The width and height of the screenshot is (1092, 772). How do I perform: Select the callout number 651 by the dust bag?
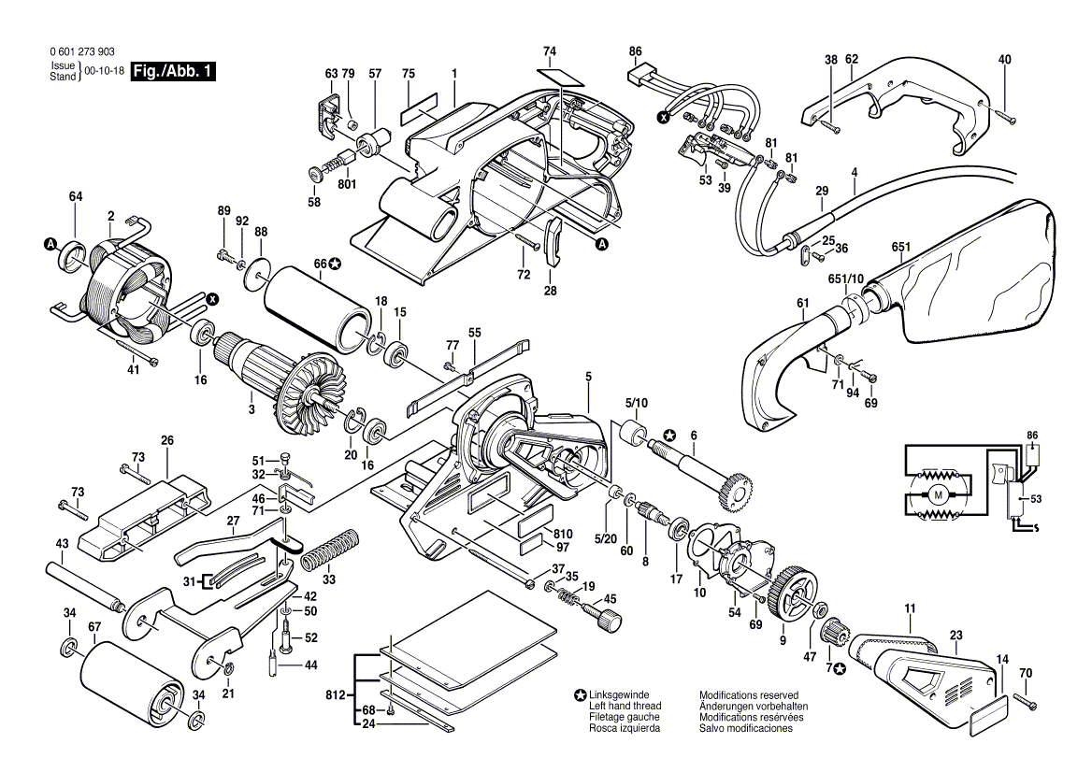coord(900,247)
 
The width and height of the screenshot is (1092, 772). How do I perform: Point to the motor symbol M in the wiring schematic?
coord(935,492)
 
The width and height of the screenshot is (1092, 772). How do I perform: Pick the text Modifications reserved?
coord(748,696)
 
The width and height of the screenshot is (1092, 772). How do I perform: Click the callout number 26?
coord(167,440)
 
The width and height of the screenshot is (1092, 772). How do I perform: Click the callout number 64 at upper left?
coord(75,196)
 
